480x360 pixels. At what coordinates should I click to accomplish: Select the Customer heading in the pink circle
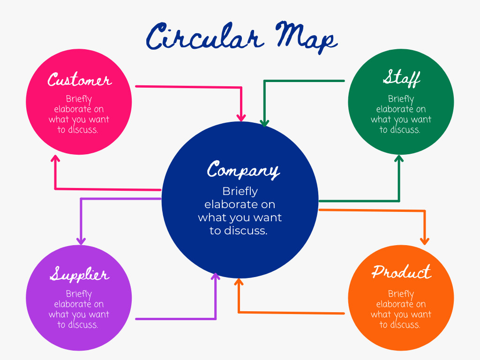tap(79, 80)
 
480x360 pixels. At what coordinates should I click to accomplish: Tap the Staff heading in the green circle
tap(401, 78)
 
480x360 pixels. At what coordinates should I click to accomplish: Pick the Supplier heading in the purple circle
tap(79, 275)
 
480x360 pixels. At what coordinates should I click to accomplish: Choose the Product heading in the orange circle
tap(401, 272)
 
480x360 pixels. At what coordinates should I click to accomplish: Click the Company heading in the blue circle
tap(243, 170)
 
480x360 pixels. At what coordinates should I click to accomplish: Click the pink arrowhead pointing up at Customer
tap(56, 159)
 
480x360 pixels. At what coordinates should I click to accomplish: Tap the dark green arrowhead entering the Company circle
tap(264, 123)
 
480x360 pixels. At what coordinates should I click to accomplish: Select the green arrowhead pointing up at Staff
tap(399, 159)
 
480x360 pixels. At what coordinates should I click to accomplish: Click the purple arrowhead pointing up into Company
tap(216, 277)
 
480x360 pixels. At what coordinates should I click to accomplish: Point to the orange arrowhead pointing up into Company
tap(239, 282)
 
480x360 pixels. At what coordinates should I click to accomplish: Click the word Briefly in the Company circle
tap(240, 191)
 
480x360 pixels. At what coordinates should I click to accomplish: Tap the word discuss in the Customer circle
tap(82, 130)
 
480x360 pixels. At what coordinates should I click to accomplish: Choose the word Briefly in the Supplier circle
tap(79, 294)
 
